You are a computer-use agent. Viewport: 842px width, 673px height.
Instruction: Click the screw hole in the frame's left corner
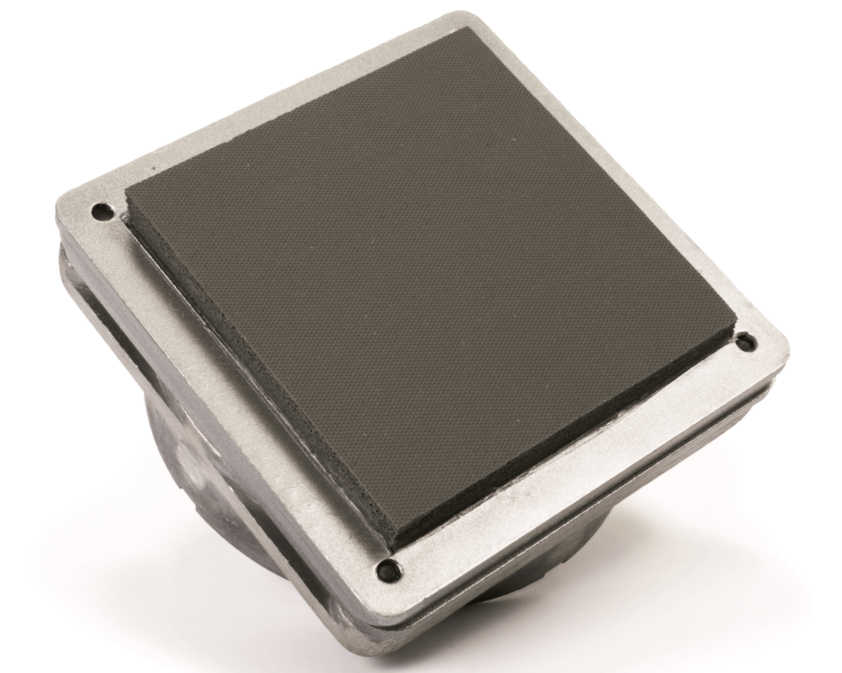[99, 212]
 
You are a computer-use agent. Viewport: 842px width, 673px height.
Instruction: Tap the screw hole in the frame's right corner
[744, 342]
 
